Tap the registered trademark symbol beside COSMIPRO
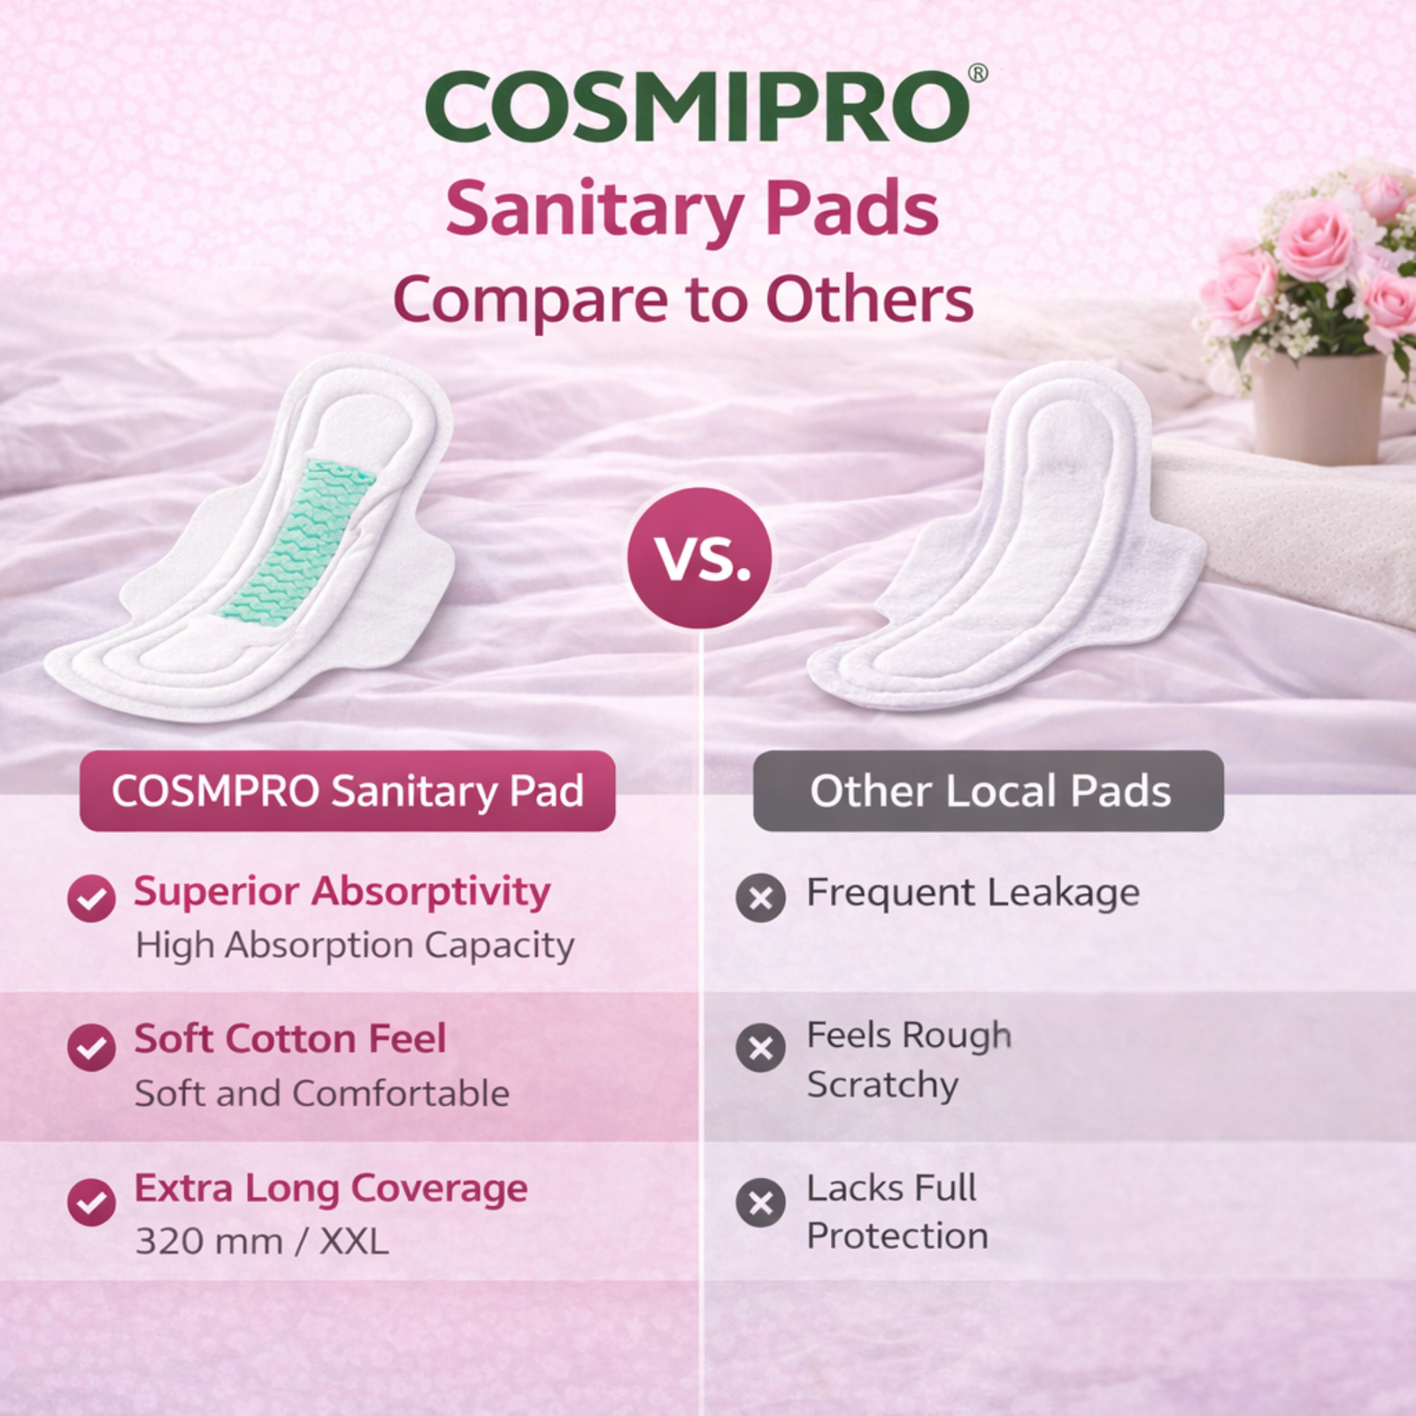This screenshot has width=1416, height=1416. point(978,73)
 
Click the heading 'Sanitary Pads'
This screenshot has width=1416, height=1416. point(691,210)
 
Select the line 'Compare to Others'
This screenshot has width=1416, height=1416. point(683,300)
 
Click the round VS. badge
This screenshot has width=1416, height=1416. point(700,558)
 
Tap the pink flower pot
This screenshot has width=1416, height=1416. point(1318,406)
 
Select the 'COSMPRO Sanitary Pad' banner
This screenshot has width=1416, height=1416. point(347,791)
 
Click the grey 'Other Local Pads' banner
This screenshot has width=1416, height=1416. point(989,791)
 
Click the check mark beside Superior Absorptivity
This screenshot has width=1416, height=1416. point(91,898)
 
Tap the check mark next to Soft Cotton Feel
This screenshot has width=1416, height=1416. point(91,1048)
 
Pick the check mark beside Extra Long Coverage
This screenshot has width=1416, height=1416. point(91,1202)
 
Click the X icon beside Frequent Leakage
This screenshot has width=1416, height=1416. point(760,898)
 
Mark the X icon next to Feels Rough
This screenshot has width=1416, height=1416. point(760,1048)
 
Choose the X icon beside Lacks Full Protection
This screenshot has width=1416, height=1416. point(760,1202)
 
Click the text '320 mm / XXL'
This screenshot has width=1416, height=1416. point(262,1242)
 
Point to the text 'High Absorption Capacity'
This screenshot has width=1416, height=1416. point(355,946)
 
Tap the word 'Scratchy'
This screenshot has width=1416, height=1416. point(882,1086)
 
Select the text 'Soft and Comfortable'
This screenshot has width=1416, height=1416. point(322,1094)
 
